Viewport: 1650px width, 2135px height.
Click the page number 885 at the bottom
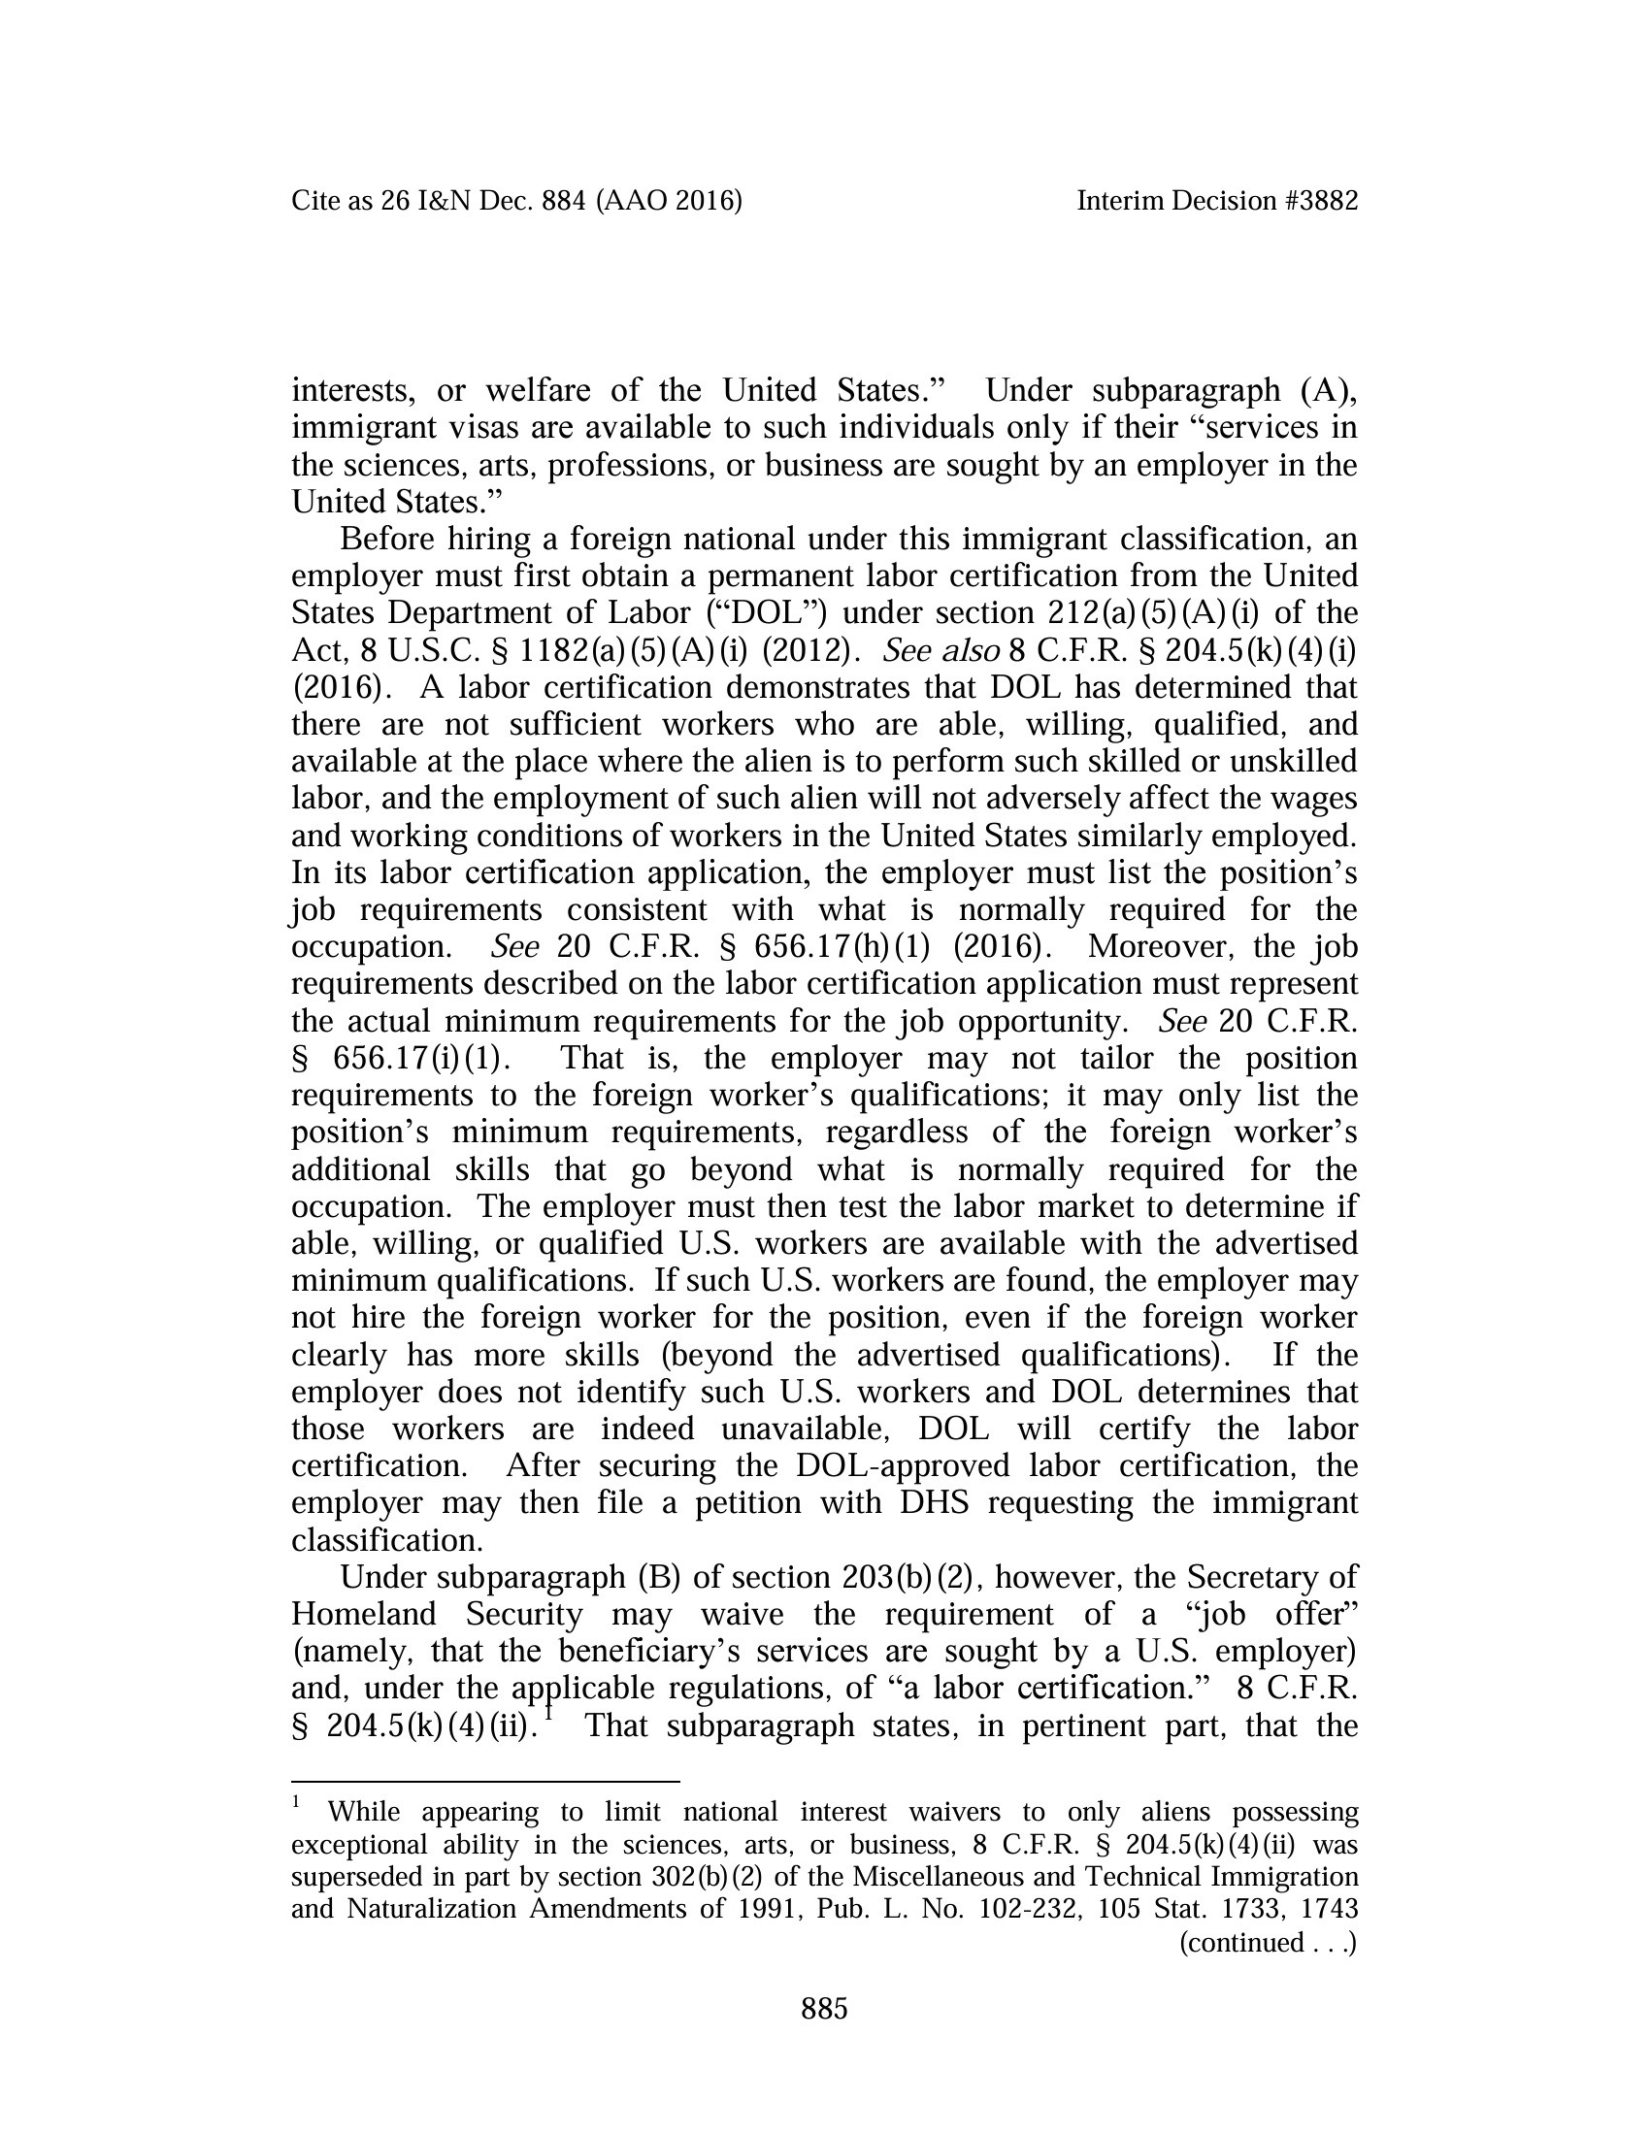[824, 2009]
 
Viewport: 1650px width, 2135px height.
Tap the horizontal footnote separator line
[485, 1782]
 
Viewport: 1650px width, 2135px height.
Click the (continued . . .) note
[1268, 1943]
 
